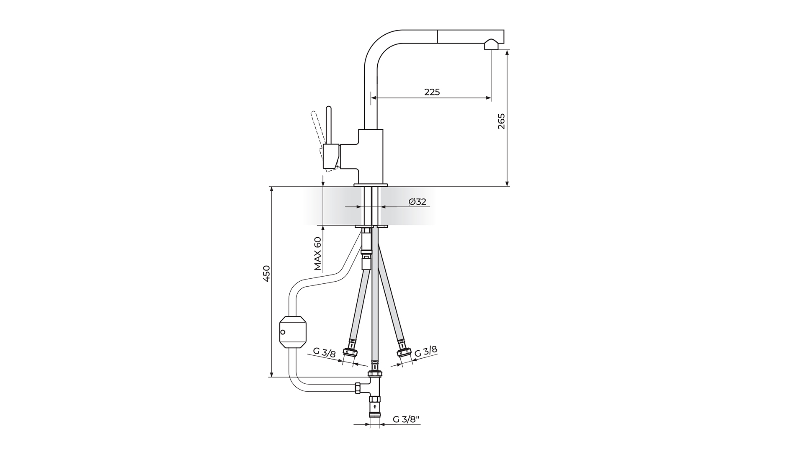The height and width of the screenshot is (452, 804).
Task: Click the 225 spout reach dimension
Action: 432,92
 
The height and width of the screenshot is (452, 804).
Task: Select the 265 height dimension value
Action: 501,121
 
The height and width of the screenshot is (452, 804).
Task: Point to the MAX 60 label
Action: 318,254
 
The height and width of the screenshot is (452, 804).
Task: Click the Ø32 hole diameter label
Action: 417,202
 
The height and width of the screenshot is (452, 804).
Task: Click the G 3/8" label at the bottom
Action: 406,419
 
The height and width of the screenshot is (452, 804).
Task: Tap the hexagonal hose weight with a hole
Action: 293,332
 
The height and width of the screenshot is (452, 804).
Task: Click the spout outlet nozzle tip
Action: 491,44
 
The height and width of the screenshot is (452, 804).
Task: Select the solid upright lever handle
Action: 329,126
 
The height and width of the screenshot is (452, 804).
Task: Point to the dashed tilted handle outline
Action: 318,130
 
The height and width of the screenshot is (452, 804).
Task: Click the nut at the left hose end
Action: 350,352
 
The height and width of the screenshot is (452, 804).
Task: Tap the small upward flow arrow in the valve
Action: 375,406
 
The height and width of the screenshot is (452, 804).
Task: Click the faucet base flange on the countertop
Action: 371,185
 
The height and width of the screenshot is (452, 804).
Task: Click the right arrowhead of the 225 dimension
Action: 488,98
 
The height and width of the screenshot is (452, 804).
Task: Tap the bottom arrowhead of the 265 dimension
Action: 507,183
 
